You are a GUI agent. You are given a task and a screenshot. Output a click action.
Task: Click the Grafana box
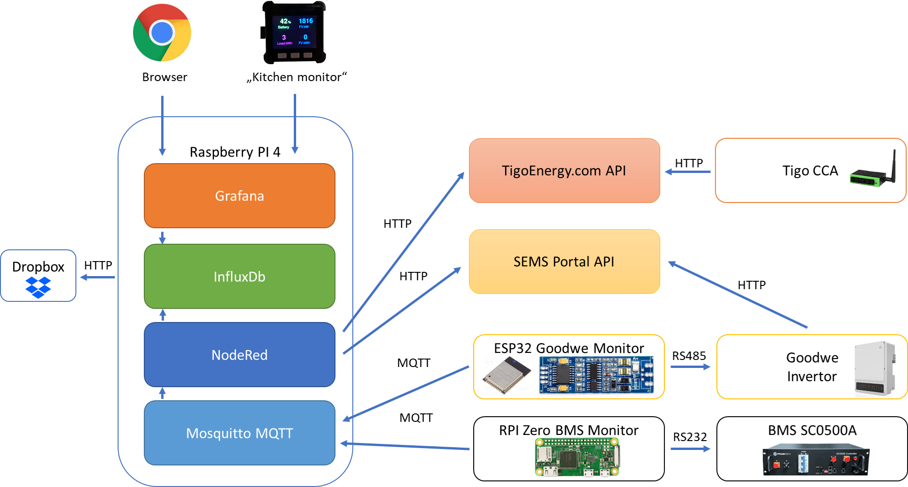coord(239,196)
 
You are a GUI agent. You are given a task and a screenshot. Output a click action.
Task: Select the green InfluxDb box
coord(239,277)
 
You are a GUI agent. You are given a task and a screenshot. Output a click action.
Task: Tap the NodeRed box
coord(239,355)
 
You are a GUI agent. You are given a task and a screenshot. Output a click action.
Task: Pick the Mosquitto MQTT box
coord(239,433)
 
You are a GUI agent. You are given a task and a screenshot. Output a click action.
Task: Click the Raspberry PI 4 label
coord(235,152)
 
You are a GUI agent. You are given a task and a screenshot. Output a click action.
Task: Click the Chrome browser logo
coord(162,33)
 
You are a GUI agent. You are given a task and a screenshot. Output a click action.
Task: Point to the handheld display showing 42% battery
coord(294,33)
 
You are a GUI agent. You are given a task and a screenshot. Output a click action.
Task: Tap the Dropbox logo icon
coord(38,287)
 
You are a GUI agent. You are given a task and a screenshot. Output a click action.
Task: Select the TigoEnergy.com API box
coord(565,171)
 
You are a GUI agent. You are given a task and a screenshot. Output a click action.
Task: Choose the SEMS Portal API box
coord(565,262)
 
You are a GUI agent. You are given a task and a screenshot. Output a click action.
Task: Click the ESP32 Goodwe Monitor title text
coord(569,348)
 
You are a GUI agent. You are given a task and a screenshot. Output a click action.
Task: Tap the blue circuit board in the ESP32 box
coord(596,375)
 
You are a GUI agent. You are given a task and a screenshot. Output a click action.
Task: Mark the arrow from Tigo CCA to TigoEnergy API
coord(688,172)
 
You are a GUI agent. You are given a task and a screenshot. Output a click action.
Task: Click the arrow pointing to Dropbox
coord(97,277)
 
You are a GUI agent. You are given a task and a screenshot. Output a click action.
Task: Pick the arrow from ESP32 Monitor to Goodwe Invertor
coord(691,367)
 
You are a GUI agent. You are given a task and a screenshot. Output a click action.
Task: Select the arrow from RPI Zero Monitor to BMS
coord(691,449)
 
